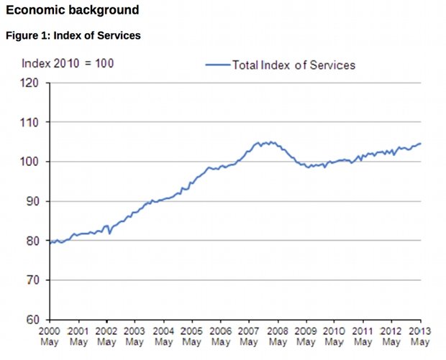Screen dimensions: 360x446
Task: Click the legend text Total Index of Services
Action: [293, 65]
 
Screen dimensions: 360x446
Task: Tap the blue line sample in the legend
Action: [217, 65]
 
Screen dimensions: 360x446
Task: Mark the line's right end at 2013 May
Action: [420, 144]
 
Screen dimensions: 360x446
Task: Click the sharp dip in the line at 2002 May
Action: [109, 234]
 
